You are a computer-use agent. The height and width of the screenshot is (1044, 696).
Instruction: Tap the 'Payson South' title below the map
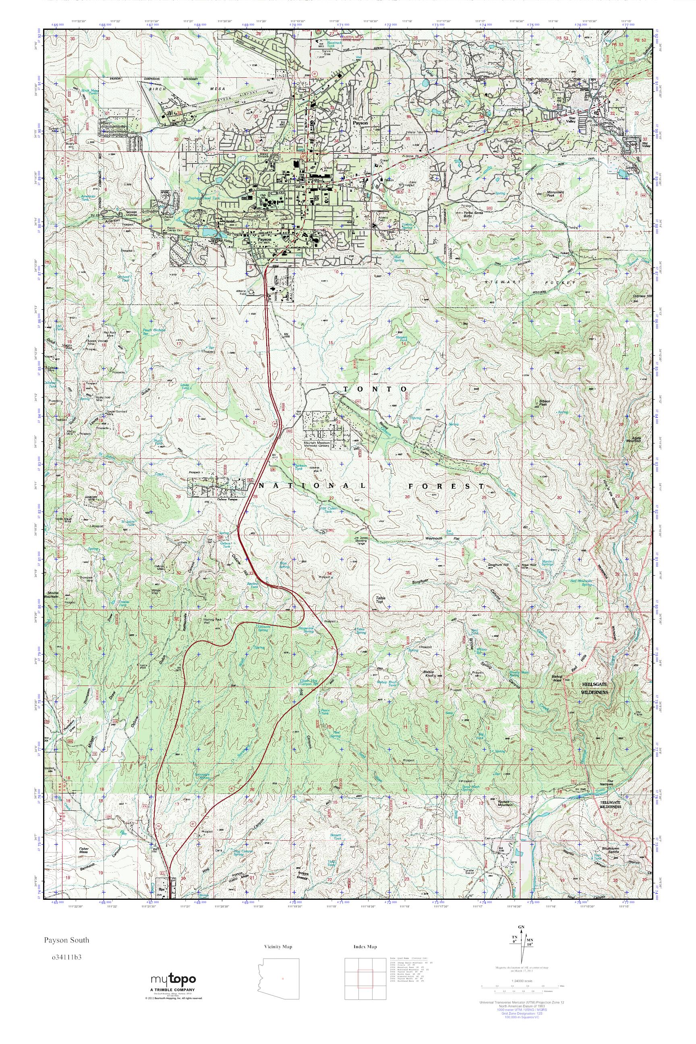(x=66, y=940)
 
